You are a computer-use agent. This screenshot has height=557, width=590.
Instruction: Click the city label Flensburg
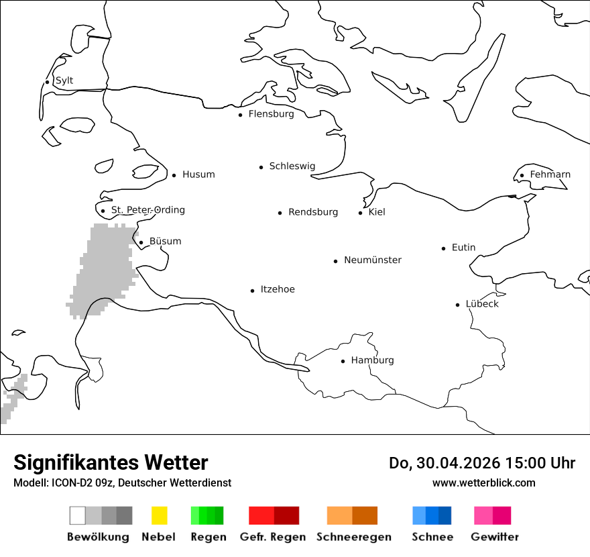click(x=271, y=114)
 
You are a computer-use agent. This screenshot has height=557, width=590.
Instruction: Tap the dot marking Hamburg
click(x=343, y=361)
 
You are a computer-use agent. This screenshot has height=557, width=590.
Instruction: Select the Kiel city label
click(x=377, y=212)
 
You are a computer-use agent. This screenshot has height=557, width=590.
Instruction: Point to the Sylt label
click(x=64, y=81)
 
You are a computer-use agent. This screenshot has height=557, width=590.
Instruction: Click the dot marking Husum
click(x=174, y=175)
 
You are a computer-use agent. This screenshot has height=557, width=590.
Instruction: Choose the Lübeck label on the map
click(x=482, y=304)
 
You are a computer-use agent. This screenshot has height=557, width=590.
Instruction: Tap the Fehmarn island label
click(x=550, y=174)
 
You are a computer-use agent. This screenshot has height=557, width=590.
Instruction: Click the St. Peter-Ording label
click(x=147, y=210)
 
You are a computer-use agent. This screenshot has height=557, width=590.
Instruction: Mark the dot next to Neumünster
click(x=335, y=261)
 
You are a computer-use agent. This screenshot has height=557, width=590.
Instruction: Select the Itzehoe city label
click(x=278, y=289)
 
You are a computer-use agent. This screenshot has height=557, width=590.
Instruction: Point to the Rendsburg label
click(x=313, y=212)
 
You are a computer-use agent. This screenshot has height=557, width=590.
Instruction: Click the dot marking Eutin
click(x=443, y=248)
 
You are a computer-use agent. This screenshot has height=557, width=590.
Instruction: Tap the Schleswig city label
click(x=292, y=166)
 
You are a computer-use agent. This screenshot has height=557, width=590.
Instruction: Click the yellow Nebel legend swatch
click(x=159, y=515)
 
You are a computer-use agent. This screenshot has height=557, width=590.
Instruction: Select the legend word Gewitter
click(x=495, y=537)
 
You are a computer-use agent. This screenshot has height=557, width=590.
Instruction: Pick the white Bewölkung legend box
click(x=77, y=515)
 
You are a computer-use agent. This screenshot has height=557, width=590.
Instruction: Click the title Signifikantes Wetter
click(x=111, y=462)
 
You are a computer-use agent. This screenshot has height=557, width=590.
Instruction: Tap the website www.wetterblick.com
click(x=483, y=483)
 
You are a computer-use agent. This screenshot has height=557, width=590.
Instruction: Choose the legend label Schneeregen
click(x=353, y=537)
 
